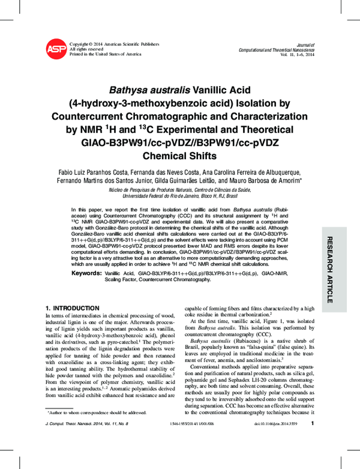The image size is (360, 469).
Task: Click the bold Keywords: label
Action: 86,273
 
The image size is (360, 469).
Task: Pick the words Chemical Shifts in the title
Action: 180,155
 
